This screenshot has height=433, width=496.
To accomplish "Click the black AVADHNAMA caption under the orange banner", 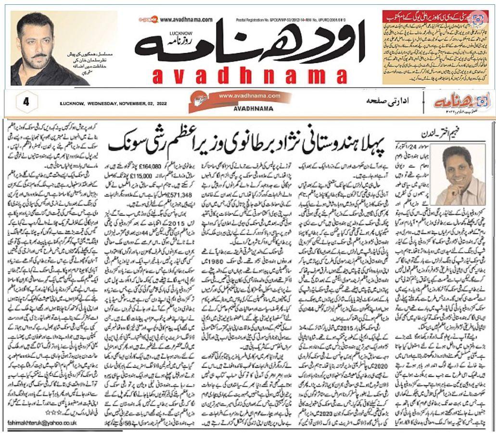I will tap(236, 108).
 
